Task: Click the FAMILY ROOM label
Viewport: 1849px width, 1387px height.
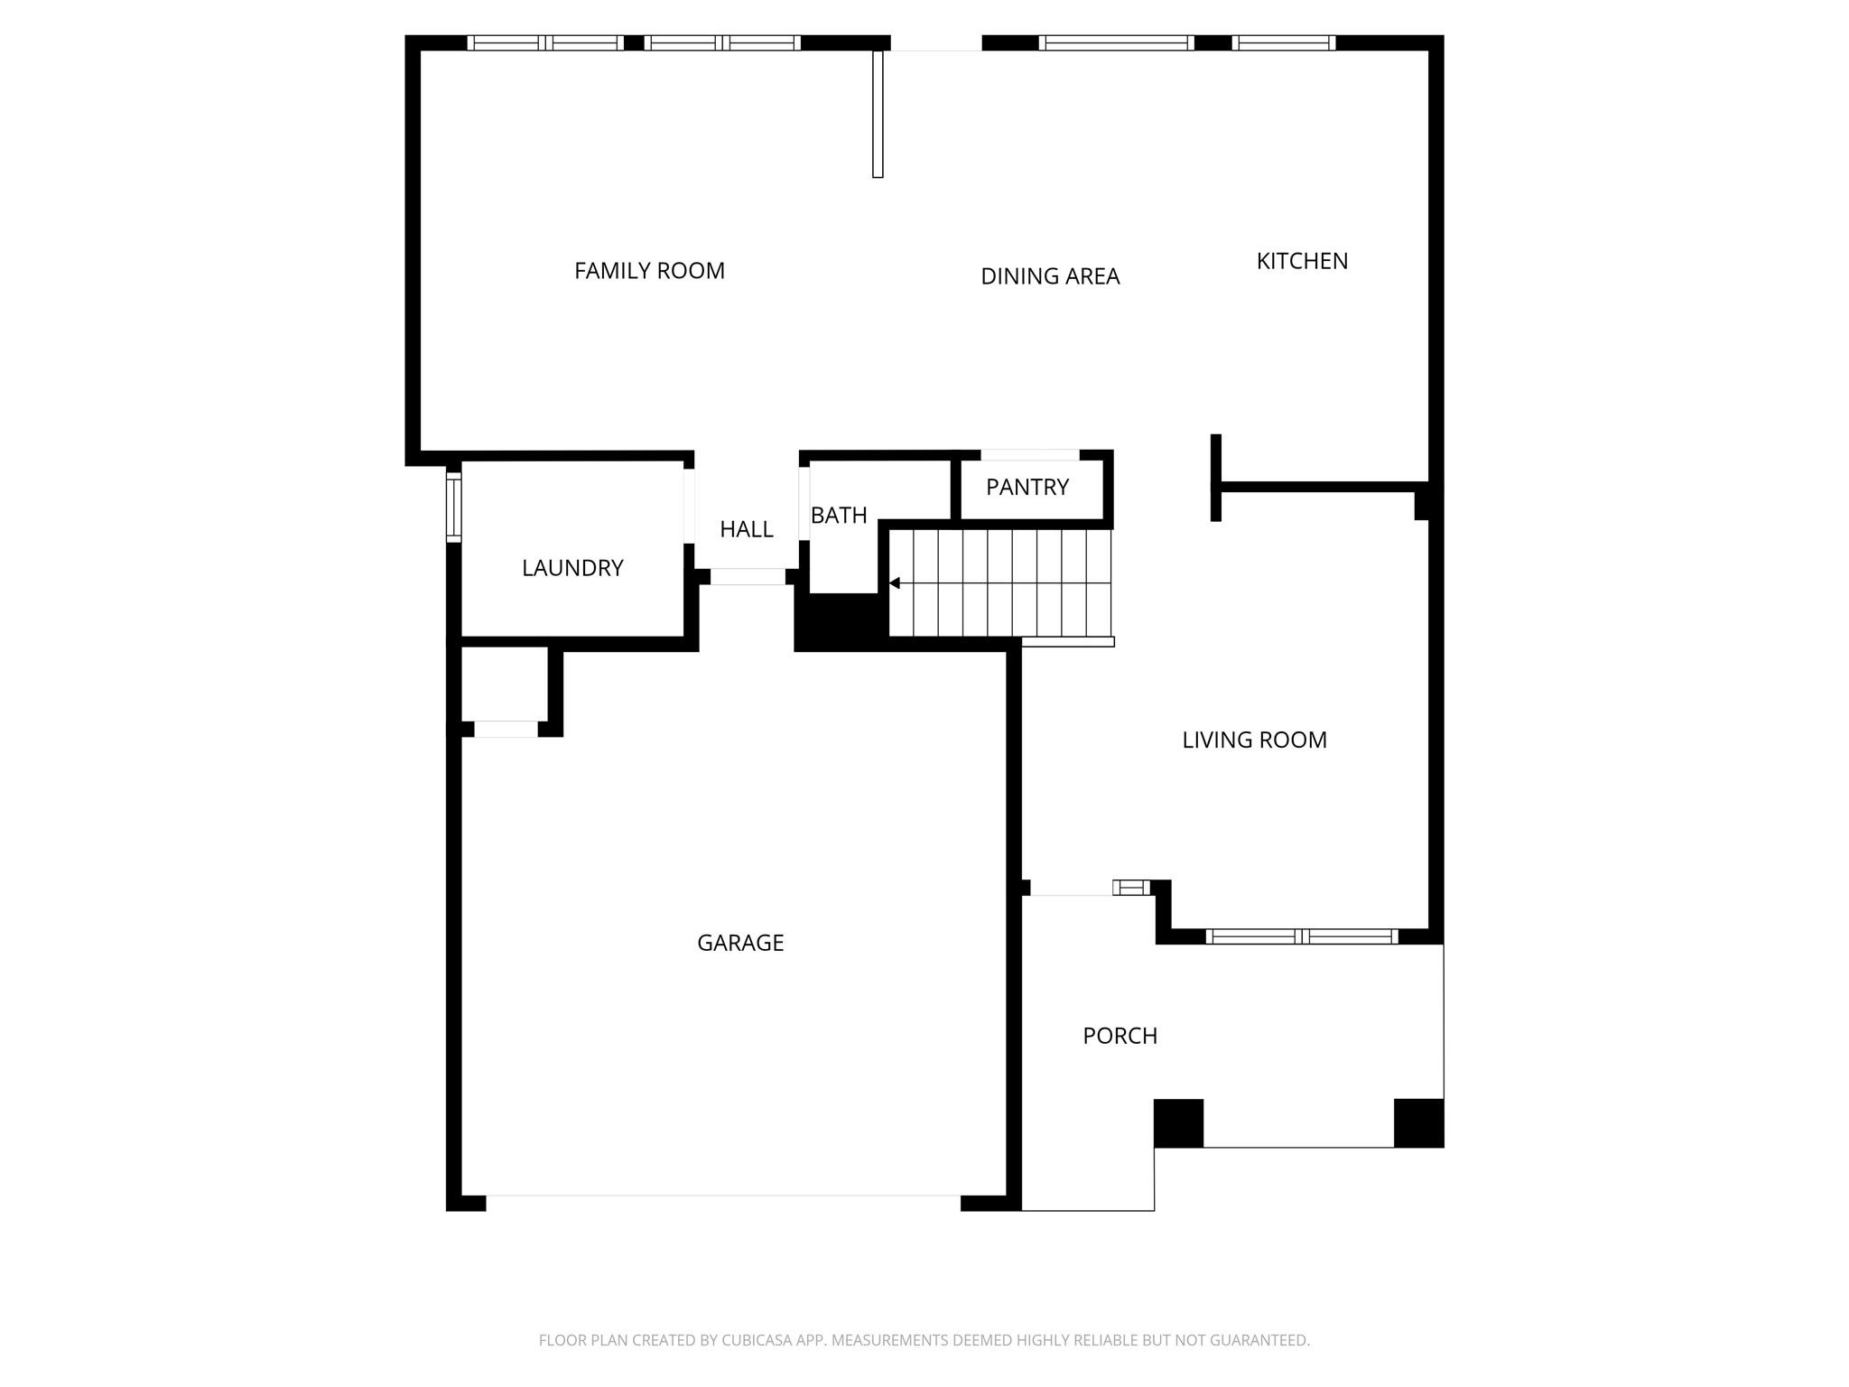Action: pyautogui.click(x=649, y=271)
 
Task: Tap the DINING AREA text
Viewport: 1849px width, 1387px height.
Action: pyautogui.click(x=1050, y=276)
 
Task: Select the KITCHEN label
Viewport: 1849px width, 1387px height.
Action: pyautogui.click(x=1302, y=261)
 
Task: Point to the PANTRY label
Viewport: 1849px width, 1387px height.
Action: pyautogui.click(x=1027, y=488)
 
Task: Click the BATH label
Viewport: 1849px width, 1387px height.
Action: pyautogui.click(x=839, y=516)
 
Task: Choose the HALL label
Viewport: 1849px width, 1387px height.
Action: pyautogui.click(x=746, y=529)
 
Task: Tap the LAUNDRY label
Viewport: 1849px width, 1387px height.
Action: pyautogui.click(x=572, y=568)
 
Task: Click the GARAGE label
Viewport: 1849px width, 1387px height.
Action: pyautogui.click(x=740, y=943)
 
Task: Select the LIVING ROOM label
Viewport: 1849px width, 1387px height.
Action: pyautogui.click(x=1254, y=740)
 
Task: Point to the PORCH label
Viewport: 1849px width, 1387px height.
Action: pyautogui.click(x=1120, y=1036)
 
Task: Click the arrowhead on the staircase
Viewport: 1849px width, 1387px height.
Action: pyautogui.click(x=895, y=583)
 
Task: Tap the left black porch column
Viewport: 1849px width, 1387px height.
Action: pyautogui.click(x=1178, y=1123)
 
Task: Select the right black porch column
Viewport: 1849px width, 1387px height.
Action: pyautogui.click(x=1418, y=1123)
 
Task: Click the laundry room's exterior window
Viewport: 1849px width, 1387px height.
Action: pyautogui.click(x=454, y=507)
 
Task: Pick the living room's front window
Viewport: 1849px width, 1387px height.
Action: pyautogui.click(x=1301, y=936)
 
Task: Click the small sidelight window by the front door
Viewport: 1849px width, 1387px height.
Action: pyautogui.click(x=1131, y=888)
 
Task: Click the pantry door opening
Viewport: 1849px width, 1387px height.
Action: pyautogui.click(x=1030, y=455)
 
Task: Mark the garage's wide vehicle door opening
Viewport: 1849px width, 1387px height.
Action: pyautogui.click(x=722, y=1202)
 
